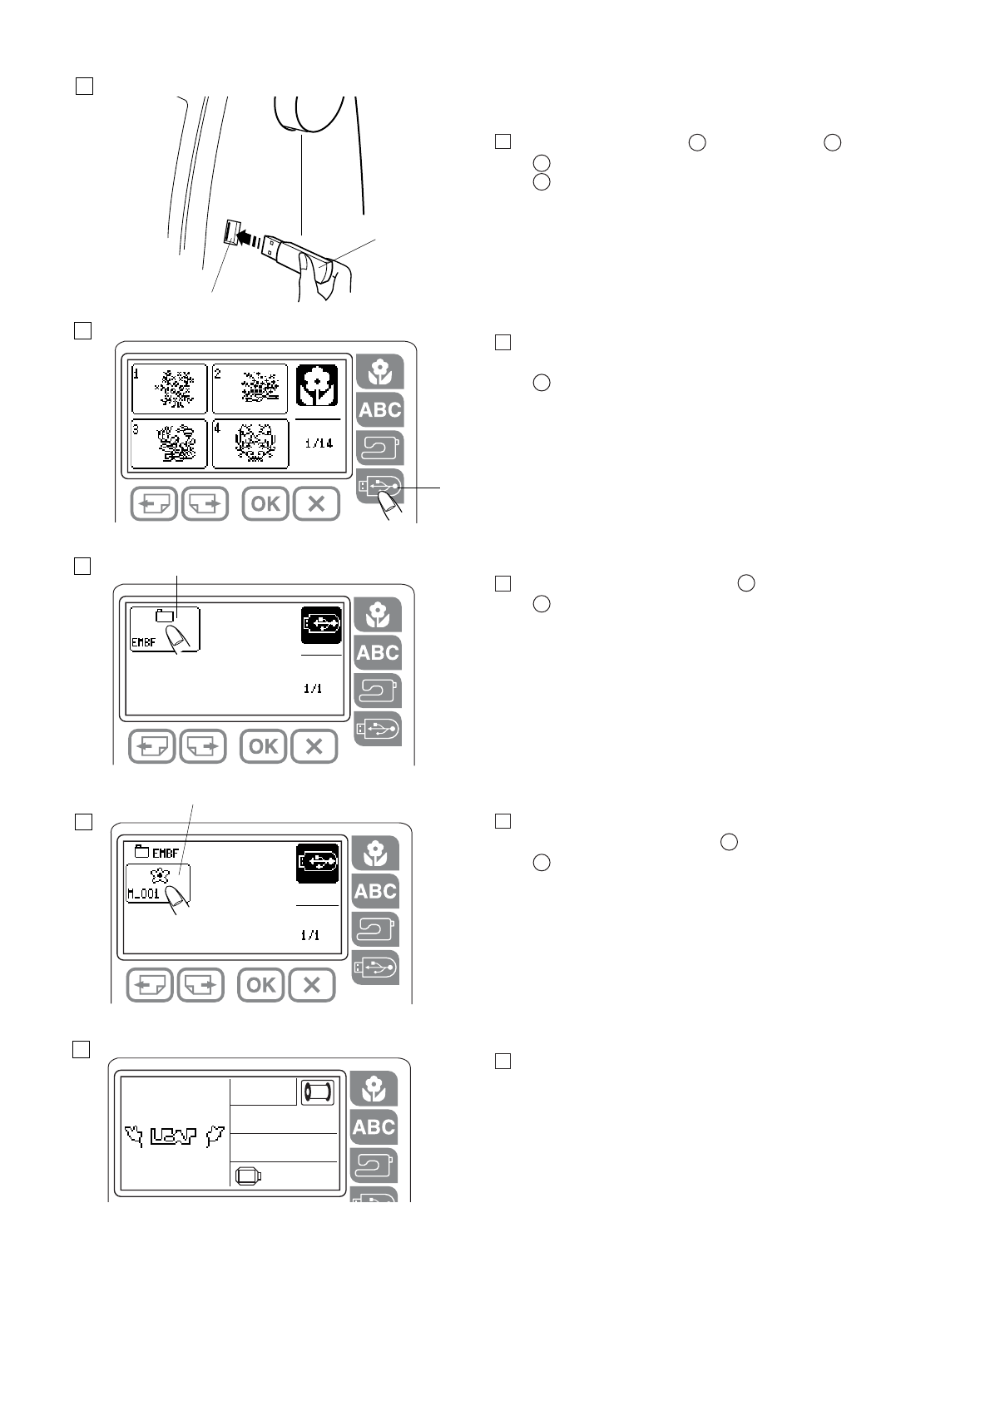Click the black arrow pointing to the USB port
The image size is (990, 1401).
point(247,238)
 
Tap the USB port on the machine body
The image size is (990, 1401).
point(230,232)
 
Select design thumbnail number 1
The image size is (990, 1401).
point(170,389)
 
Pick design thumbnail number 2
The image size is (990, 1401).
point(250,389)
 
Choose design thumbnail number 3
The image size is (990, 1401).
point(170,443)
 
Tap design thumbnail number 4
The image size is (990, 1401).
point(250,443)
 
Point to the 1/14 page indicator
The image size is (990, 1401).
point(319,443)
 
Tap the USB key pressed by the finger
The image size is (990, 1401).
point(380,488)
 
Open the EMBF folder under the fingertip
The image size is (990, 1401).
point(165,629)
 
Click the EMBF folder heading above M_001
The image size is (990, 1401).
point(157,852)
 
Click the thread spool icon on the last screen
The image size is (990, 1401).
point(317,1092)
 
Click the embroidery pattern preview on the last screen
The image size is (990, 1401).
point(175,1135)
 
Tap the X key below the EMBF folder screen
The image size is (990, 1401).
point(314,746)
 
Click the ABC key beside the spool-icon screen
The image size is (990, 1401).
point(374,1127)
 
